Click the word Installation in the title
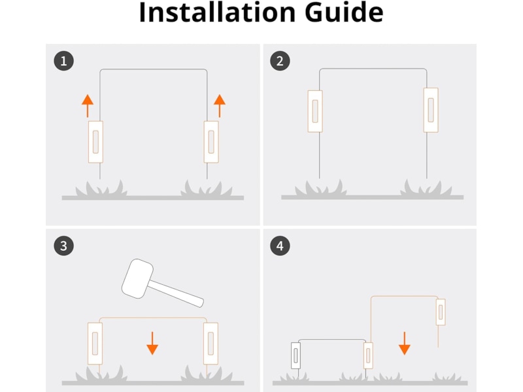pyautogui.click(x=217, y=12)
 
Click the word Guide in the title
pyautogui.click(x=345, y=12)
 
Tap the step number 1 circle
pyautogui.click(x=63, y=61)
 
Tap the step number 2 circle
pyautogui.click(x=280, y=61)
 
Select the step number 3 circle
pyautogui.click(x=63, y=246)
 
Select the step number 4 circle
pyautogui.click(x=280, y=246)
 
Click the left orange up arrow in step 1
pyautogui.click(x=88, y=106)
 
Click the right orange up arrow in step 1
pyautogui.click(x=220, y=106)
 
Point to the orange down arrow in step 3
pyautogui.click(x=152, y=343)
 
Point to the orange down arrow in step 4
pyautogui.click(x=405, y=343)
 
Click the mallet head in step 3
pyautogui.click(x=137, y=278)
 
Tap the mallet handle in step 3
pyautogui.click(x=176, y=293)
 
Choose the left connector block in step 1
pyautogui.click(x=95, y=142)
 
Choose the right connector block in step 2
pyautogui.click(x=431, y=110)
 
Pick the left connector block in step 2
pyautogui.click(x=315, y=111)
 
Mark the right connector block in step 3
pyautogui.click(x=211, y=344)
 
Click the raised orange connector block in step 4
pyautogui.click(x=441, y=312)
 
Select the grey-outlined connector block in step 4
pyautogui.click(x=296, y=355)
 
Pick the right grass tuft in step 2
pyautogui.click(x=426, y=188)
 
